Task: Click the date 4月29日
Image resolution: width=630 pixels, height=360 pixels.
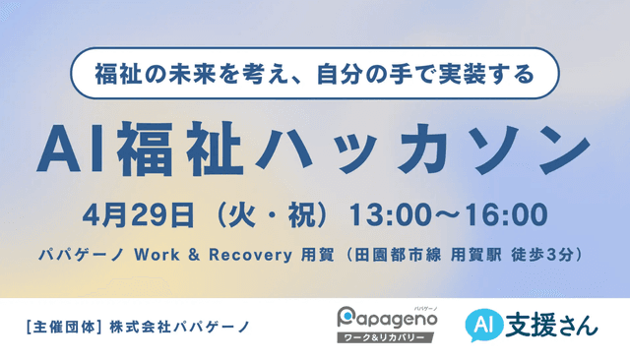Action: (x=132, y=212)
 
